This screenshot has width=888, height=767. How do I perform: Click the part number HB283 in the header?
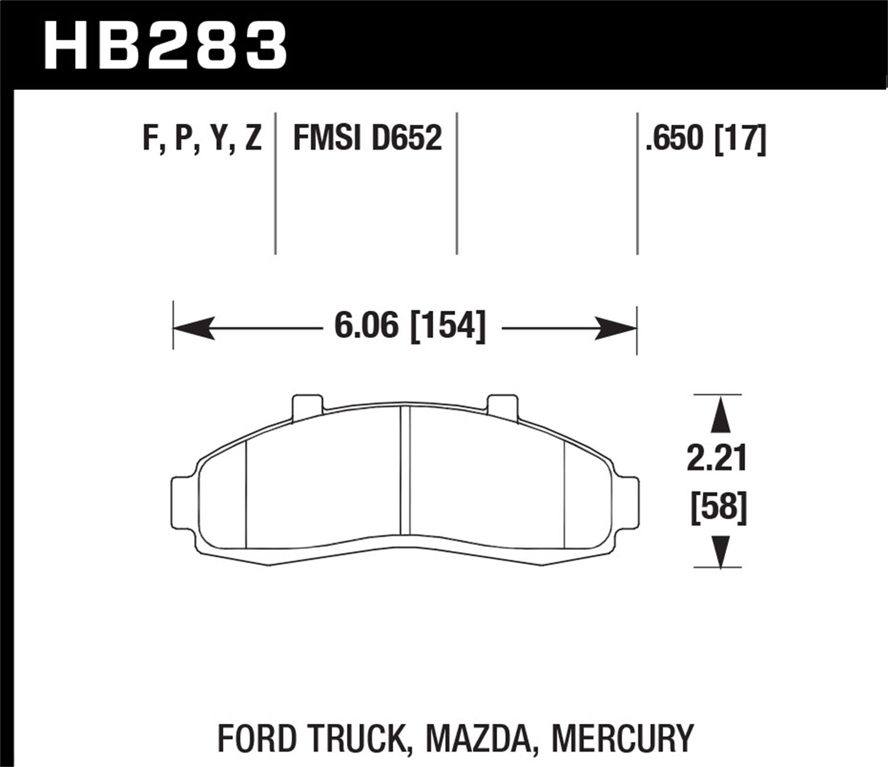166,44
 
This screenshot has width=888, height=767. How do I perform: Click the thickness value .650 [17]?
706,140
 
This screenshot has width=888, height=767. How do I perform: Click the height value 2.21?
717,460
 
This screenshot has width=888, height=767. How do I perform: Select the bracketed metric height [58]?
719,508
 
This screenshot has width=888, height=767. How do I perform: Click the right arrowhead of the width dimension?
616,327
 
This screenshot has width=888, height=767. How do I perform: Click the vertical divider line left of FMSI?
275,183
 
